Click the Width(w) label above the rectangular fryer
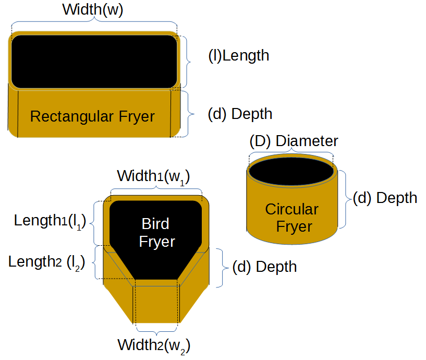(x=92, y=10)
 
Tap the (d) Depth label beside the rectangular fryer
(x=239, y=114)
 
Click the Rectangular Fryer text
(x=92, y=116)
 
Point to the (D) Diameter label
(x=294, y=141)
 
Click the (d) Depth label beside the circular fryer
(x=385, y=198)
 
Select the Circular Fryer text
(x=291, y=218)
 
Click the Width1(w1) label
(x=153, y=176)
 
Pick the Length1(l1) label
(x=50, y=221)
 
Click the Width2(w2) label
(x=154, y=345)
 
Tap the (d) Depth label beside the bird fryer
(x=264, y=267)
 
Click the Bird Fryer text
(x=156, y=233)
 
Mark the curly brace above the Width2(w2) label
(x=156, y=330)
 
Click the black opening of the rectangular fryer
(x=94, y=61)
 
